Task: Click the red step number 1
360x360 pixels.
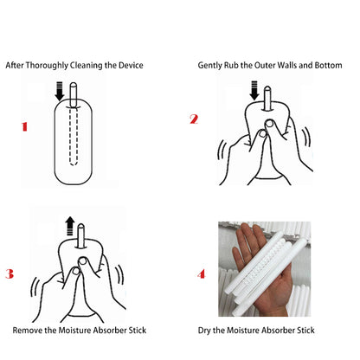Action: (x=24, y=126)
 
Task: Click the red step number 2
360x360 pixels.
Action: (x=194, y=119)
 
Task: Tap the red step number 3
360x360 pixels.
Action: (x=10, y=273)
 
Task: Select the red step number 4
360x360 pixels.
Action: (x=202, y=273)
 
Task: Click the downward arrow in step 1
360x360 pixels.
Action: (x=60, y=91)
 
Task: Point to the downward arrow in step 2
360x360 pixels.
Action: (x=254, y=91)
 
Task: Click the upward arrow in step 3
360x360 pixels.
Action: (x=70, y=227)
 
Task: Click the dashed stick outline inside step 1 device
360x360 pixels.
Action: (x=74, y=136)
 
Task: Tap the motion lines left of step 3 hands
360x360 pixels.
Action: (x=35, y=287)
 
